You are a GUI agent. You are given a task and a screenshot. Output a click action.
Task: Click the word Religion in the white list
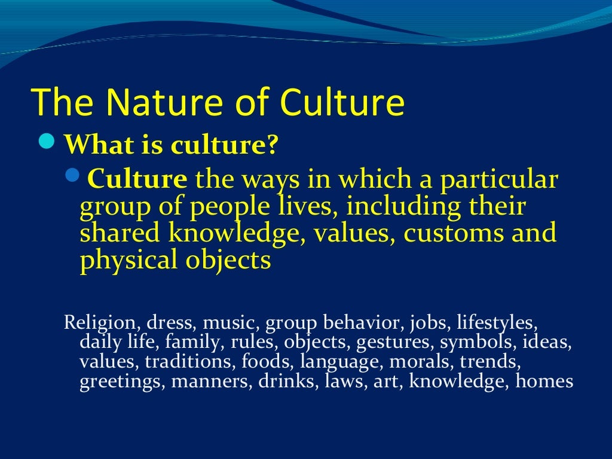100,323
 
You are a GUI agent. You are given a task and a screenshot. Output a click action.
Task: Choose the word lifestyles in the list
496,323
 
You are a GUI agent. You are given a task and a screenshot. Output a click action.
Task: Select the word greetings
122,382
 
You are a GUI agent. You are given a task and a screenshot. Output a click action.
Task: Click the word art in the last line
385,382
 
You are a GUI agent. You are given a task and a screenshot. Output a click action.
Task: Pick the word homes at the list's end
544,381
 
